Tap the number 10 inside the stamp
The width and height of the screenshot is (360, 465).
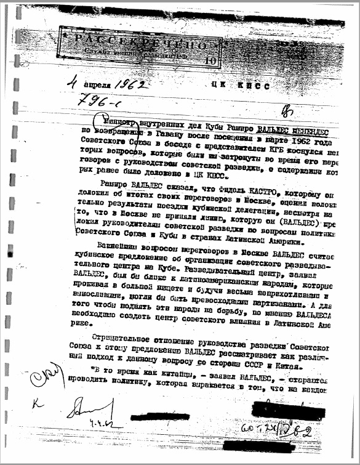point(212,60)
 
